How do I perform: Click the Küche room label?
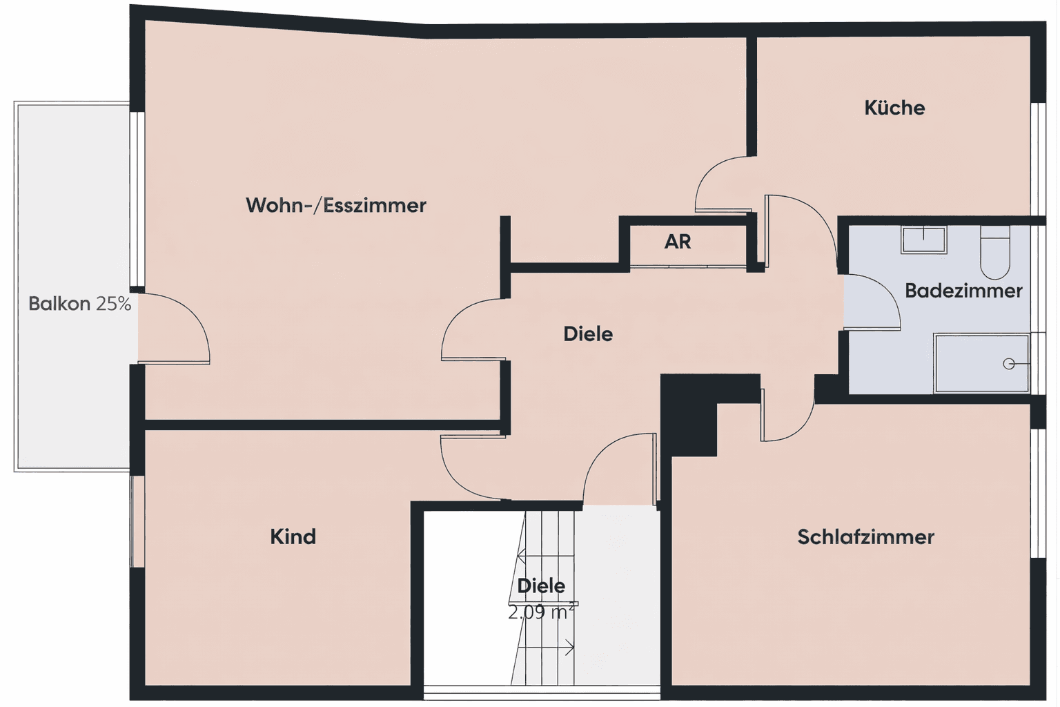894,108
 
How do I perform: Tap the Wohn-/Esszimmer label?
336,205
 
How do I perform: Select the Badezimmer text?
963,291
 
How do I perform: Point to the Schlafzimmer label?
865,536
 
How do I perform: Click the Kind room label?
293,536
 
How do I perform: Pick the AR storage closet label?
678,242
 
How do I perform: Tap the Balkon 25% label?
79,304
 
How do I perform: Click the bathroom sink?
923,239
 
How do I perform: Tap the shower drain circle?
1009,364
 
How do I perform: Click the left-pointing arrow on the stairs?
522,553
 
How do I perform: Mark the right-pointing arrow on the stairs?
569,648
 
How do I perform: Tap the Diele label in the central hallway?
588,334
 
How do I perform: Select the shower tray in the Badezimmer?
980,363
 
